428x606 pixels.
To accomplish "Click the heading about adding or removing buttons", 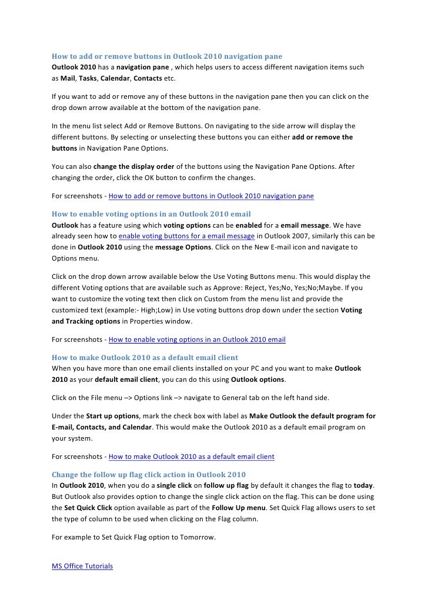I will pyautogui.click(x=167, y=56).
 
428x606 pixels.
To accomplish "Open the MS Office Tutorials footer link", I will pyautogui.click(x=82, y=566).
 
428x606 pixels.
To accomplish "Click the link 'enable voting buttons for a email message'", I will pyautogui.click(x=186, y=237).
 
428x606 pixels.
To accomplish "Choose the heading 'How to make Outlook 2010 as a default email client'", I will pyautogui.click(x=145, y=358).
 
